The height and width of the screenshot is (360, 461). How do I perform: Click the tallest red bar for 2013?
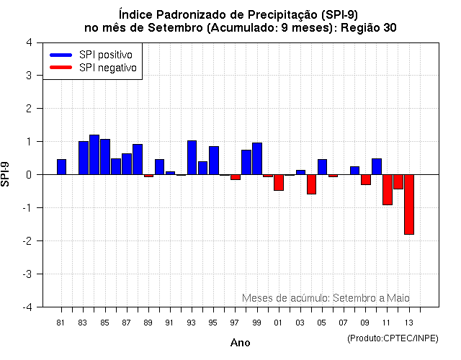tap(409, 204)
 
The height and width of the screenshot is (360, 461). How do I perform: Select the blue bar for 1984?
tap(94, 155)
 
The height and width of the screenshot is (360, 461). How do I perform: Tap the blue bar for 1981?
tap(62, 167)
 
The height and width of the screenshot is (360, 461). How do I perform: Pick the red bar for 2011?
tap(388, 189)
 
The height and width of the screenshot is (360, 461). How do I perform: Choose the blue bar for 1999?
tap(257, 158)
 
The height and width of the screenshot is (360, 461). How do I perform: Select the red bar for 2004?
tap(311, 184)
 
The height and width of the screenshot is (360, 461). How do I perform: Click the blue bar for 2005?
tap(322, 167)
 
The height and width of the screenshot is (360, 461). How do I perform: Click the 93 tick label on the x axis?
tap(191, 323)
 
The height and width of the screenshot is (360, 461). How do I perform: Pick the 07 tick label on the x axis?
tap(344, 323)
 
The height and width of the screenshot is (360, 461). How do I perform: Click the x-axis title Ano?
tap(240, 343)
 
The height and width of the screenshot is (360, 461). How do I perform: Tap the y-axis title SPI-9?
tap(6, 174)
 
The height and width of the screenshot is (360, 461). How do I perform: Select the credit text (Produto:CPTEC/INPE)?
tap(392, 338)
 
